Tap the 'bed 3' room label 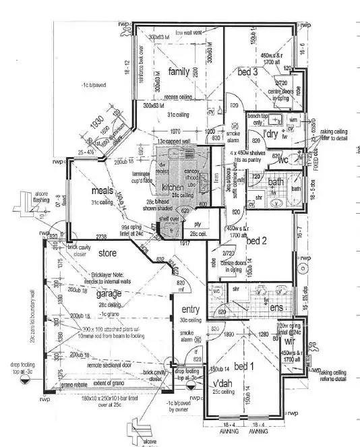point(247,71)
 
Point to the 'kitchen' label point(173,187)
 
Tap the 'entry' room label point(191,309)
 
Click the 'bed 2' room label point(258,241)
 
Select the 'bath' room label point(274,182)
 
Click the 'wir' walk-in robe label point(290,342)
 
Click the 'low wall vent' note point(189,33)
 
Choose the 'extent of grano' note point(111,384)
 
